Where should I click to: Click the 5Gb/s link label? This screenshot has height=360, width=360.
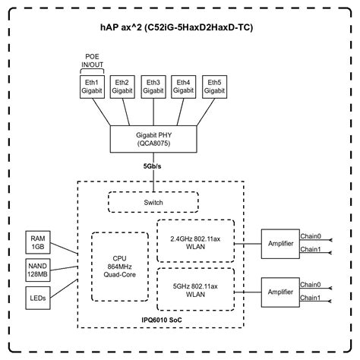click(153, 165)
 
